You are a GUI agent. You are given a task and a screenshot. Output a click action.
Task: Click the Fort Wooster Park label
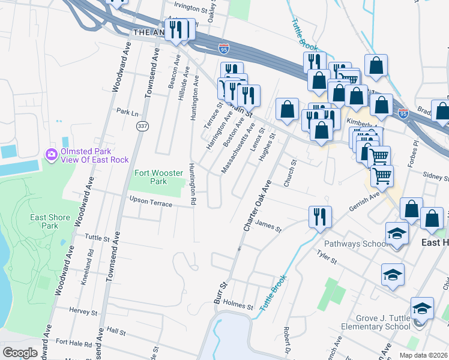pyautogui.click(x=158, y=177)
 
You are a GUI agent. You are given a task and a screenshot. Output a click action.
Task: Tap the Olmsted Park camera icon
pyautogui.click(x=52, y=155)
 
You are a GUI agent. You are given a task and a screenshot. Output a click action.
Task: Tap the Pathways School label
pyautogui.click(x=351, y=244)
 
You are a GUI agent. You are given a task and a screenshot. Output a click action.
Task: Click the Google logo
pyautogui.click(x=20, y=352)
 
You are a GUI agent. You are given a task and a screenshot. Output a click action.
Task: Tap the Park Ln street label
pyautogui.click(x=127, y=112)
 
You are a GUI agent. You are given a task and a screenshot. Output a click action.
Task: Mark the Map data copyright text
pyautogui.click(x=423, y=355)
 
